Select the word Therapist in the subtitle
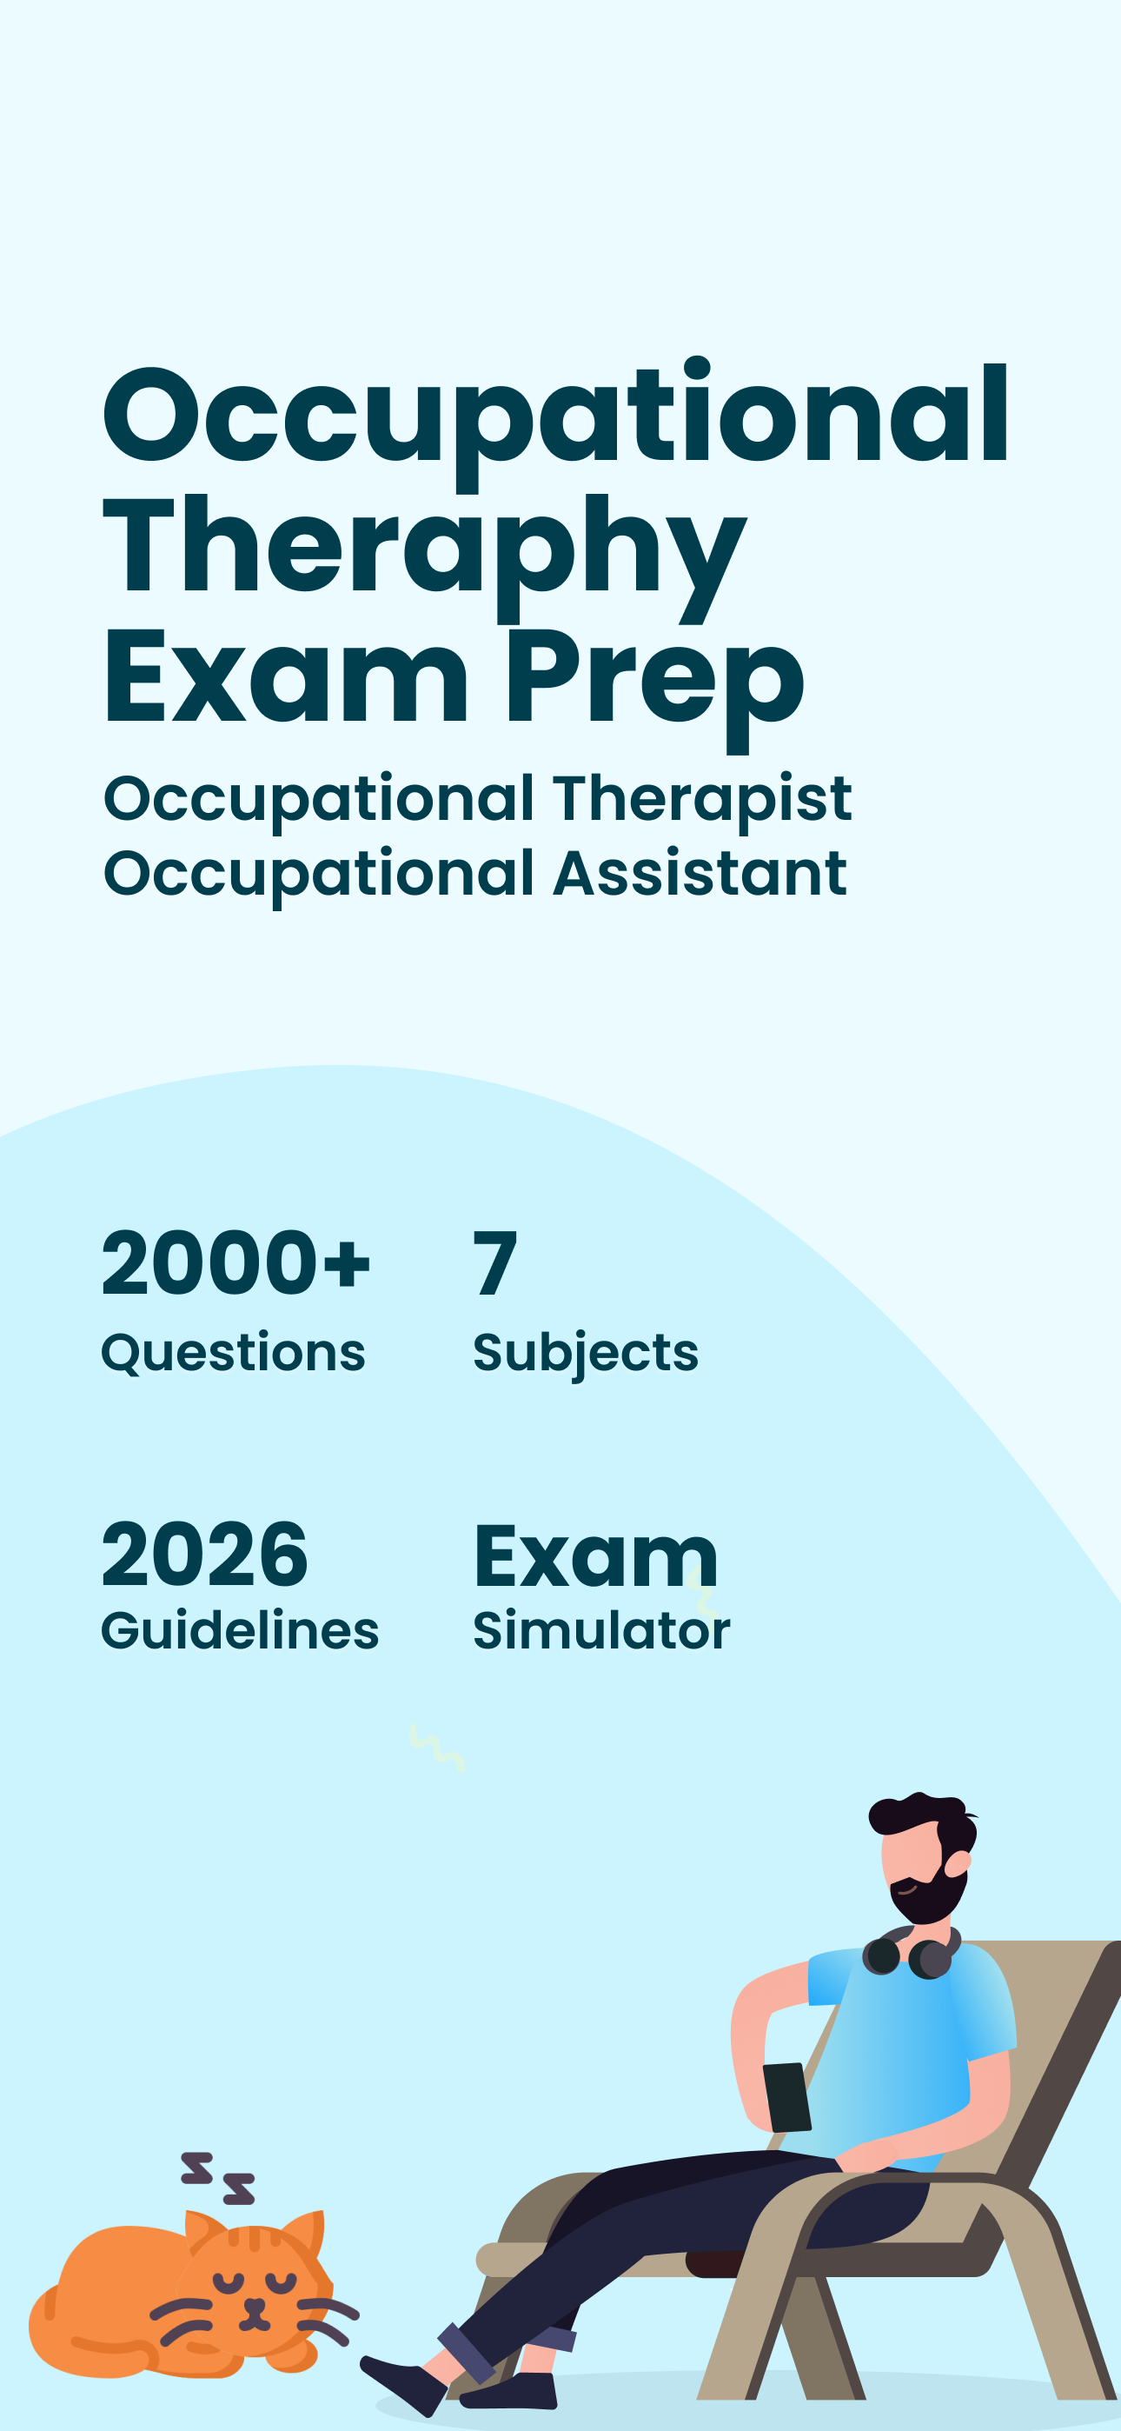tap(702, 799)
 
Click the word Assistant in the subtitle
tap(700, 874)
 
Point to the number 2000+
tap(235, 1263)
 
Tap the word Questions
tap(233, 1352)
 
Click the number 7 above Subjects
tap(495, 1263)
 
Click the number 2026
tap(205, 1555)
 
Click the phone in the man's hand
tap(787, 2097)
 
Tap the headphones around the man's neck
tap(911, 1953)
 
